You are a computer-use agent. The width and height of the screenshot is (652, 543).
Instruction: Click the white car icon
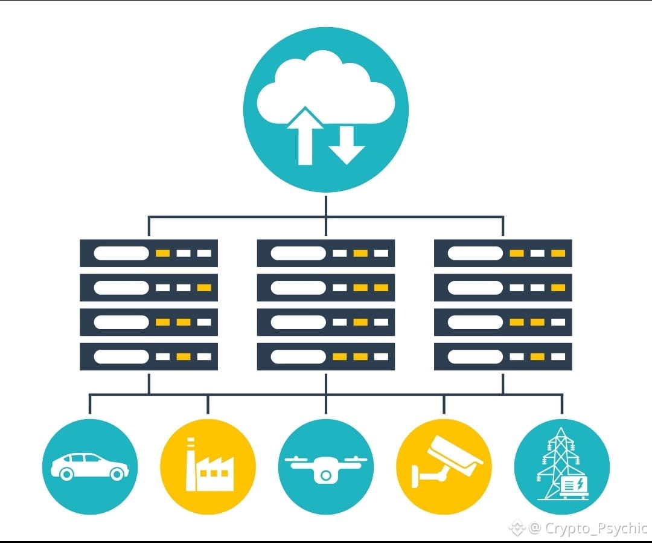click(x=89, y=466)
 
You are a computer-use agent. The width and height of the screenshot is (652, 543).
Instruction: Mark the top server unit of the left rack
click(x=149, y=253)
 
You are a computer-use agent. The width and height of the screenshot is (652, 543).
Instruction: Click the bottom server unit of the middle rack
click(x=326, y=356)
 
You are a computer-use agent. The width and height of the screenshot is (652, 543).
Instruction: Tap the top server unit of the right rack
click(x=503, y=253)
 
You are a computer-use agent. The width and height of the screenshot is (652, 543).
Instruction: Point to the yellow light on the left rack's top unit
click(x=163, y=253)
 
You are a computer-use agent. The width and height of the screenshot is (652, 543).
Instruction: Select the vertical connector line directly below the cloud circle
click(x=326, y=205)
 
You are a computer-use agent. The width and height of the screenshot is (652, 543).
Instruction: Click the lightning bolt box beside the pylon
click(x=574, y=484)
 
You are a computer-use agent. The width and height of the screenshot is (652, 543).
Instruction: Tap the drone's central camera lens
click(x=326, y=475)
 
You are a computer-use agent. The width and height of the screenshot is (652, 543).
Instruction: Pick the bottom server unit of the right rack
click(x=503, y=356)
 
